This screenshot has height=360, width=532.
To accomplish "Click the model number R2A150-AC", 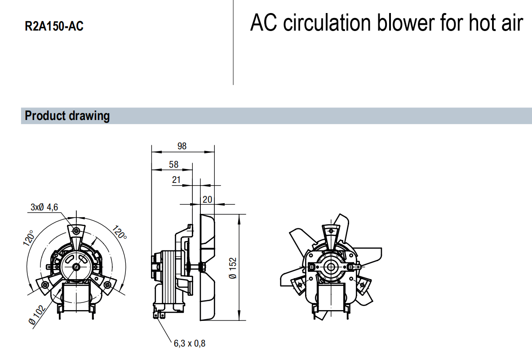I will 54,27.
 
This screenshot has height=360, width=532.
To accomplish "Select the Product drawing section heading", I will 67,116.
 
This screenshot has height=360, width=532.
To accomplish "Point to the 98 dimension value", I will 182,146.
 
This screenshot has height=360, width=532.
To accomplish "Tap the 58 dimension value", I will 173,165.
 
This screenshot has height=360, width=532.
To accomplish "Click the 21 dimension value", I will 176,180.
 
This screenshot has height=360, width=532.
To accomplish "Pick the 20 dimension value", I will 207,199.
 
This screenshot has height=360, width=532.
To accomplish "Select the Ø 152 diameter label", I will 232,268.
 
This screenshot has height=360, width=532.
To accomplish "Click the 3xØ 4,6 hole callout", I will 44,207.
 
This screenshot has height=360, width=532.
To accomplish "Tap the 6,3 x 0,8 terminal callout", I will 190,344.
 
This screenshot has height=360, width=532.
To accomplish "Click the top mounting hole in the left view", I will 75,231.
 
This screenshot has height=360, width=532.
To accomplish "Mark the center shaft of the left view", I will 75,267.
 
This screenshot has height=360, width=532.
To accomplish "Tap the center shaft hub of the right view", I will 331,267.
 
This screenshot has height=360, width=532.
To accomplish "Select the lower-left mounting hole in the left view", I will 44,285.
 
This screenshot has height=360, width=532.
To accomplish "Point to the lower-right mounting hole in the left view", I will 107,285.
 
